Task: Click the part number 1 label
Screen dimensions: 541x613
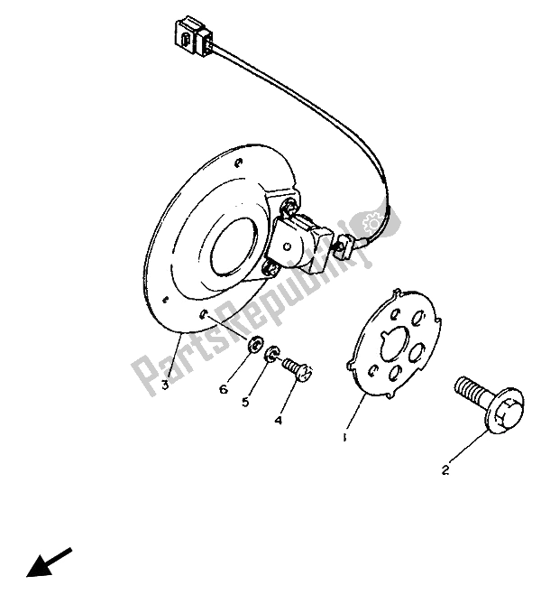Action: click(x=344, y=438)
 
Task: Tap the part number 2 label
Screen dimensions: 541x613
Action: click(x=445, y=470)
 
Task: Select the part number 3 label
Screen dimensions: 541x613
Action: click(x=165, y=385)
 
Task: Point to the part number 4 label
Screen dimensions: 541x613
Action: click(x=278, y=421)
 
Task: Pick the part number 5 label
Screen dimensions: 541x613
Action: click(x=245, y=402)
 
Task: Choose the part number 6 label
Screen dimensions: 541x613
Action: click(x=224, y=389)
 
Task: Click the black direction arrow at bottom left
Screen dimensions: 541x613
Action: click(x=49, y=562)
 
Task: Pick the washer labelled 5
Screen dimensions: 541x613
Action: click(x=272, y=353)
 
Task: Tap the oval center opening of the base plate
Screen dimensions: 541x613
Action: click(x=233, y=246)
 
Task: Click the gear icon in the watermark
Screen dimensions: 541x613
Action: click(x=371, y=224)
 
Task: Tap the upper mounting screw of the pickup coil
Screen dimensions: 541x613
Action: click(x=289, y=205)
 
